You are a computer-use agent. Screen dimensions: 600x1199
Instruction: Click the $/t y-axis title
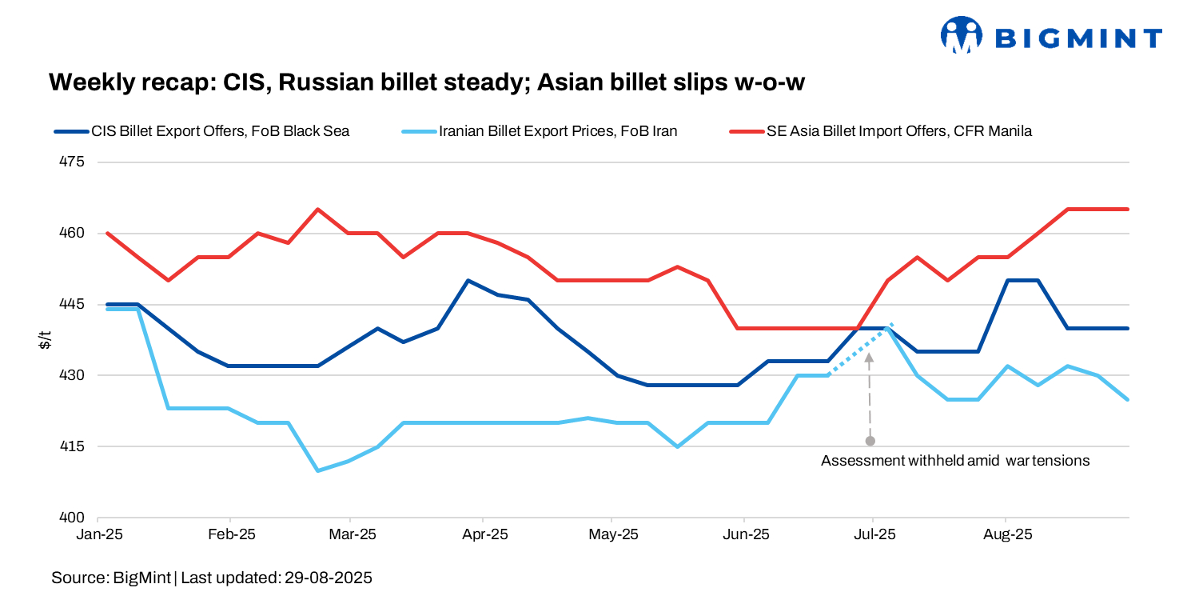pyautogui.click(x=46, y=340)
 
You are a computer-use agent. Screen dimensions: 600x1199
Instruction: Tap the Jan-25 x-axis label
pyautogui.click(x=98, y=534)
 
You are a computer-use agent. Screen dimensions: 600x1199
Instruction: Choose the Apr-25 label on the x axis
pyautogui.click(x=484, y=534)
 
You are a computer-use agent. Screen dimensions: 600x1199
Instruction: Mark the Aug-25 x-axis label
pyautogui.click(x=1005, y=534)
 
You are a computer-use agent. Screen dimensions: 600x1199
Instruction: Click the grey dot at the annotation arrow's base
pyautogui.click(x=870, y=441)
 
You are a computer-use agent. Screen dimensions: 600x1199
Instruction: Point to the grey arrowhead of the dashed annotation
pyautogui.click(x=870, y=358)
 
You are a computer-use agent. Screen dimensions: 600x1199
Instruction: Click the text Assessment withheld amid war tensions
pyautogui.click(x=955, y=461)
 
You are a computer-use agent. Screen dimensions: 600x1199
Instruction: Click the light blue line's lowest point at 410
pyautogui.click(x=318, y=470)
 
